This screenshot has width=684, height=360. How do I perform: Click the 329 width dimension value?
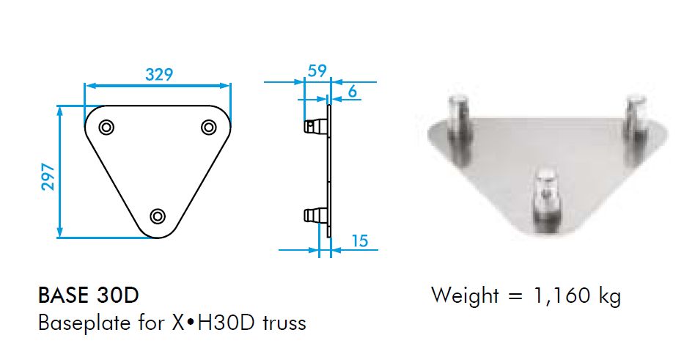(158, 74)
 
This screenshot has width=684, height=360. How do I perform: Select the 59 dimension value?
(317, 71)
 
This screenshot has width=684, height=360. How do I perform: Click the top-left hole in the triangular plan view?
(107, 127)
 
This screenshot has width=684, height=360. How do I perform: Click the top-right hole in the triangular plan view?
(208, 127)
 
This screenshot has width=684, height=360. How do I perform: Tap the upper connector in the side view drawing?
(315, 127)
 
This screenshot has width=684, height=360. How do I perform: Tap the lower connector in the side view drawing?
(315, 215)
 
